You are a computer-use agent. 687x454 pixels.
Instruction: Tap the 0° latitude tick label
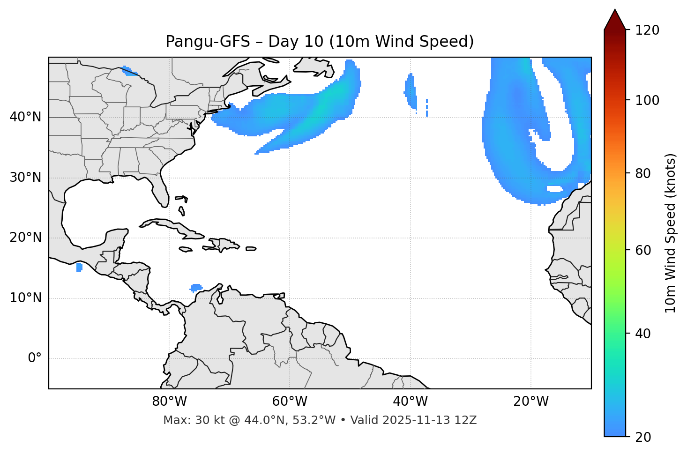click(35, 358)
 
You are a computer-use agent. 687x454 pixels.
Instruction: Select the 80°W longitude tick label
click(169, 402)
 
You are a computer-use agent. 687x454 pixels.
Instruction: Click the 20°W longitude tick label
click(531, 402)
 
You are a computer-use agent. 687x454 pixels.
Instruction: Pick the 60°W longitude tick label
click(289, 402)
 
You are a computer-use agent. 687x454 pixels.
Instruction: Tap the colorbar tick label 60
click(643, 250)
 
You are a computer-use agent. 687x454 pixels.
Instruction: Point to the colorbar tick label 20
click(643, 437)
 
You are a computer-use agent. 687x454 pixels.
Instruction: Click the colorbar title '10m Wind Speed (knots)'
click(671, 233)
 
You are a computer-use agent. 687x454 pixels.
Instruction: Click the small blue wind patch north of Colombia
click(196, 287)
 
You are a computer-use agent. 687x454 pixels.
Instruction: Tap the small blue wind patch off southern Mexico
click(79, 267)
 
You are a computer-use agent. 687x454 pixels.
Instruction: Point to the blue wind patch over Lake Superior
click(128, 71)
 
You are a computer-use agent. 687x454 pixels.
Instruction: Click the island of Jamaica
click(186, 249)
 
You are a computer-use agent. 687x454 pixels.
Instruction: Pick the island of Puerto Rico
click(251, 249)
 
